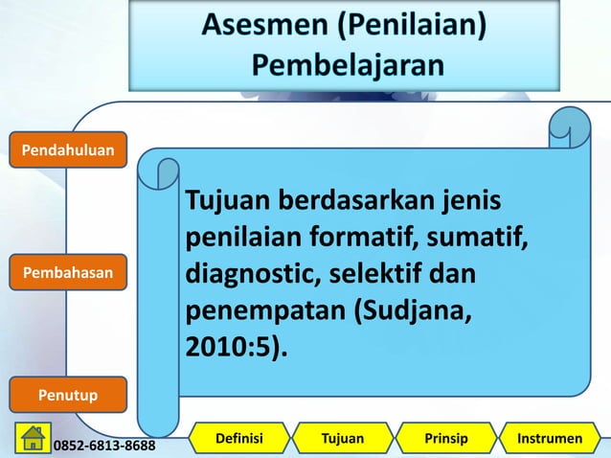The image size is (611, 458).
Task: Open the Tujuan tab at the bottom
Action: (x=342, y=439)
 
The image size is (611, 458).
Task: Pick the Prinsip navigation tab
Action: (x=445, y=439)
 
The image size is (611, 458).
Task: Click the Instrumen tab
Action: (x=549, y=439)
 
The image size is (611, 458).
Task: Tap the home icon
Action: (x=33, y=438)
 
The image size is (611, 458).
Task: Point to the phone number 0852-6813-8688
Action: (x=106, y=446)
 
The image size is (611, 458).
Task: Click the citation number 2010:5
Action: (x=229, y=347)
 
